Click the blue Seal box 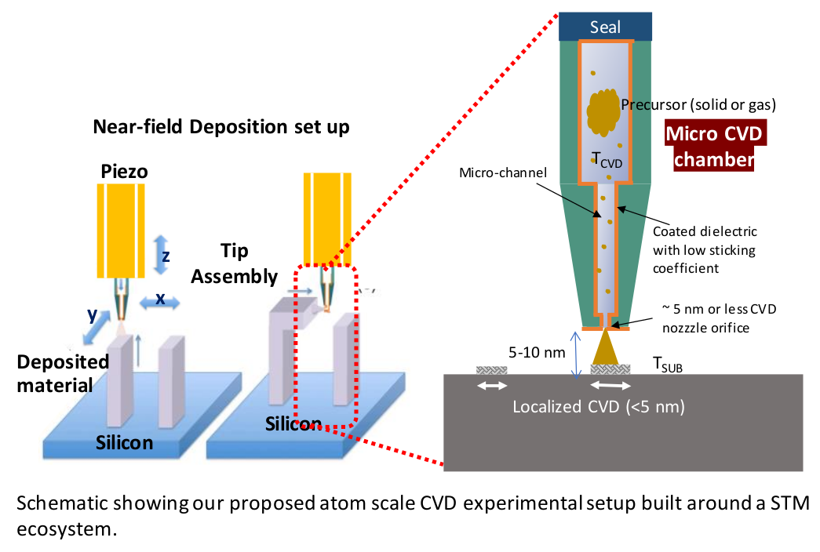pos(604,27)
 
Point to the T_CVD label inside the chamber pos(606,162)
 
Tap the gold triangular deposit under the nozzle pos(604,347)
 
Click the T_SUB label pos(667,363)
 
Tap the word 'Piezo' pos(125,170)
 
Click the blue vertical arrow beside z pos(162,253)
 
